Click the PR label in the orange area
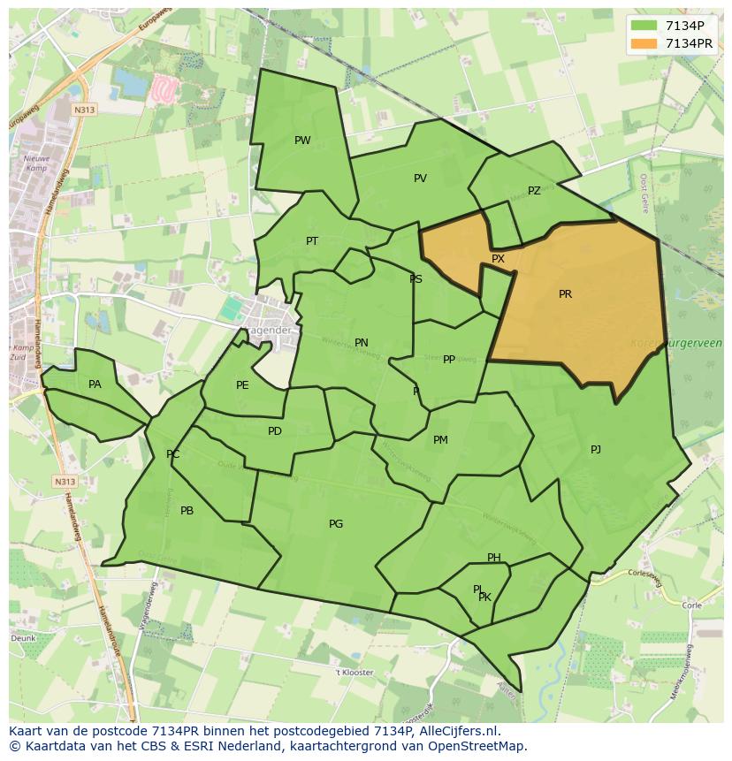click(x=565, y=294)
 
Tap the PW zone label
click(x=302, y=141)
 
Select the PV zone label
click(x=420, y=179)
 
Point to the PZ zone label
click(x=534, y=191)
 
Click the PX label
click(x=498, y=259)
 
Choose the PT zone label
click(x=312, y=241)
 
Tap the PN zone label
click(x=362, y=343)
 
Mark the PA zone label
click(x=95, y=384)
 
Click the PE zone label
click(x=242, y=385)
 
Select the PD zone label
click(x=275, y=431)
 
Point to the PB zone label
click(x=187, y=511)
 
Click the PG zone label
click(x=336, y=524)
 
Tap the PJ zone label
click(x=596, y=450)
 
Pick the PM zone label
click(x=440, y=440)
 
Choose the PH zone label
click(x=493, y=558)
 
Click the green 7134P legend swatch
click(x=644, y=27)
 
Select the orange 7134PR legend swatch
click(x=644, y=43)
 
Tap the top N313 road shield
click(x=85, y=110)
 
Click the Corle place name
click(x=691, y=606)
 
